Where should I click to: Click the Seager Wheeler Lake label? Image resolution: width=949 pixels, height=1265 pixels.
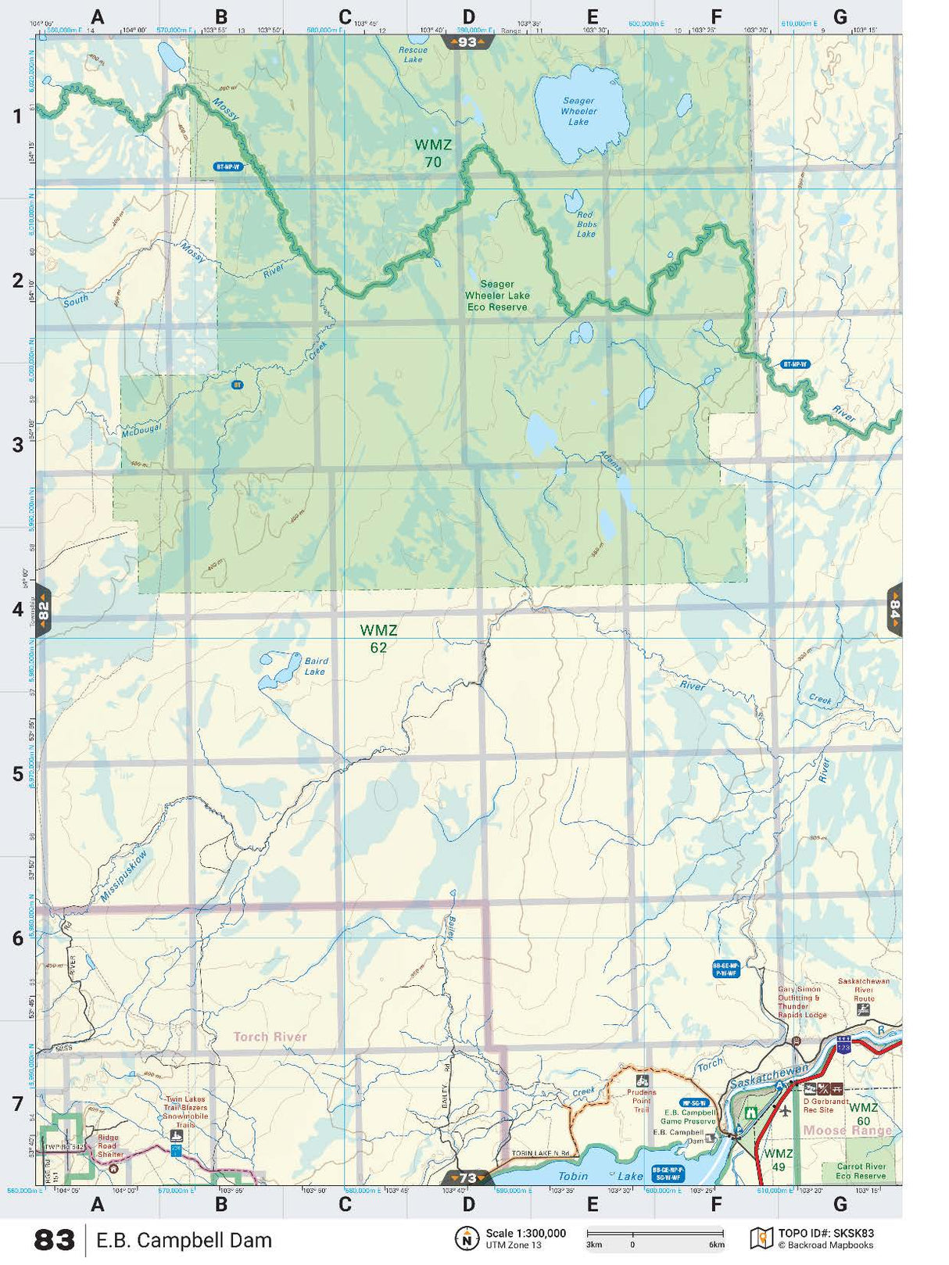(578, 111)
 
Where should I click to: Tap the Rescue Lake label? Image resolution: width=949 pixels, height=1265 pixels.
(413, 55)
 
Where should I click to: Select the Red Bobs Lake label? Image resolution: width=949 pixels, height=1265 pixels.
(586, 224)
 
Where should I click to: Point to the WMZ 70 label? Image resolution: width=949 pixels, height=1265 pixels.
(433, 153)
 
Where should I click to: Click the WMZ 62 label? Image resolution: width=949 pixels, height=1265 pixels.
(378, 639)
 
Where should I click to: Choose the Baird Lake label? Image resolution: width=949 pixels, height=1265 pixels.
(315, 666)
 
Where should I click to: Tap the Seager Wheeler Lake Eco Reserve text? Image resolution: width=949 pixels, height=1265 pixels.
(497, 296)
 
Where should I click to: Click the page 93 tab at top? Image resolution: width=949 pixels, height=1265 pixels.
(467, 42)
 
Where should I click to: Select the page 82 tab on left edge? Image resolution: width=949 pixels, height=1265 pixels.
(44, 610)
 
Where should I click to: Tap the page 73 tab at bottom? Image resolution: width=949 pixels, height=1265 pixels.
(467, 1177)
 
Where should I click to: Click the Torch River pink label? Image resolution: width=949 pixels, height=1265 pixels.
(270, 1037)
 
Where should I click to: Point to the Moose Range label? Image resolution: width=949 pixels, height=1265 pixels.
(847, 1131)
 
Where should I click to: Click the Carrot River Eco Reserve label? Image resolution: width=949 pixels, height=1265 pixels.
(860, 1170)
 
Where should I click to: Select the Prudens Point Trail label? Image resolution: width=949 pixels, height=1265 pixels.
(641, 1101)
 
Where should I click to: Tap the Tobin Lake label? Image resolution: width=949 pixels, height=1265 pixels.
(600, 1176)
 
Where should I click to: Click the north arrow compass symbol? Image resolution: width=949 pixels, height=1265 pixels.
(467, 1238)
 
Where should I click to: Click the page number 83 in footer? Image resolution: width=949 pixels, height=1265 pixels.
(55, 1241)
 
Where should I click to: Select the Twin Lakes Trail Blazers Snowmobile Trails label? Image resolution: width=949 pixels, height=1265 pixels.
(185, 1112)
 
